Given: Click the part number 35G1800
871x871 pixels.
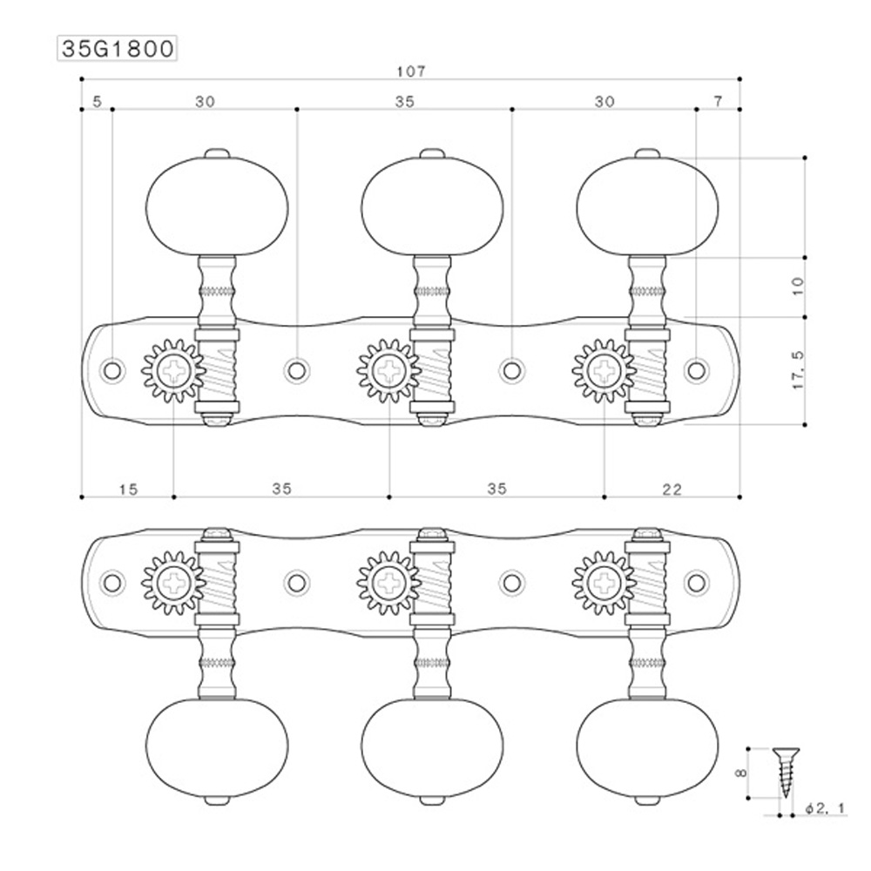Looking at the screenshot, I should (x=118, y=49).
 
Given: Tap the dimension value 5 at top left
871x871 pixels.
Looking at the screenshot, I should (x=96, y=102).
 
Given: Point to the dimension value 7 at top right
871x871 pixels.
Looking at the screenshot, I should (x=718, y=102).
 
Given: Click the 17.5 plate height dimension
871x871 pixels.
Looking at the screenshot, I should (x=799, y=370).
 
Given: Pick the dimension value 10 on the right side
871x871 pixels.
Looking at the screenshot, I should (x=799, y=286).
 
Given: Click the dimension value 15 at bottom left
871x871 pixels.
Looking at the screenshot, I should (x=127, y=489).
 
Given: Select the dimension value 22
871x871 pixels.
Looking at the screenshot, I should (x=672, y=489).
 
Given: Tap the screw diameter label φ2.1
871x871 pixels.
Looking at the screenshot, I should (x=826, y=808).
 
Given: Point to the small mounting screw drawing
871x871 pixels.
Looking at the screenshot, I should (x=784, y=771).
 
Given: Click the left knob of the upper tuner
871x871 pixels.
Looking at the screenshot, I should (x=215, y=206).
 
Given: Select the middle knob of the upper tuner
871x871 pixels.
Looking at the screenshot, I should (x=432, y=206).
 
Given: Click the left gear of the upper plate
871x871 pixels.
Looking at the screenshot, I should (x=173, y=371).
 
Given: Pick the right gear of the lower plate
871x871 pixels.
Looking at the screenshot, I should (x=604, y=582).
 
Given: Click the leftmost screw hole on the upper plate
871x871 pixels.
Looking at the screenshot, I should (x=112, y=370).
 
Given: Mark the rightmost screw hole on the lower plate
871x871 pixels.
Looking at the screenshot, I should (x=696, y=582).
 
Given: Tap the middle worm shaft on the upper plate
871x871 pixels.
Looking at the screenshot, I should (x=432, y=370).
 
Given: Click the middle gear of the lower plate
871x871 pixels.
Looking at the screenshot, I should (x=388, y=582).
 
